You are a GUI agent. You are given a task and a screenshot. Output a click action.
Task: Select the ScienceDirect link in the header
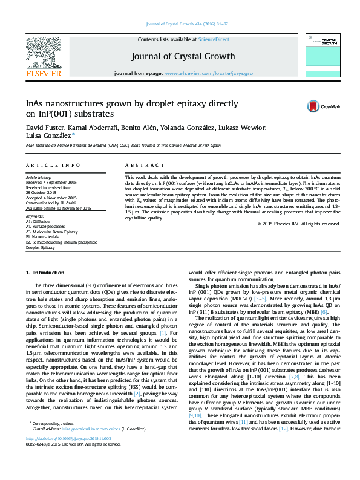(214, 39)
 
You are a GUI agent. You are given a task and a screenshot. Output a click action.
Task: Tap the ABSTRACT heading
(142, 165)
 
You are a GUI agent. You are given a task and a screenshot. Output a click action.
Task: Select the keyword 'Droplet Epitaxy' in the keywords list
(40, 247)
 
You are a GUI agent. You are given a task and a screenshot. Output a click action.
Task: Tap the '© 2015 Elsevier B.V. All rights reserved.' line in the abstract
(298, 224)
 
